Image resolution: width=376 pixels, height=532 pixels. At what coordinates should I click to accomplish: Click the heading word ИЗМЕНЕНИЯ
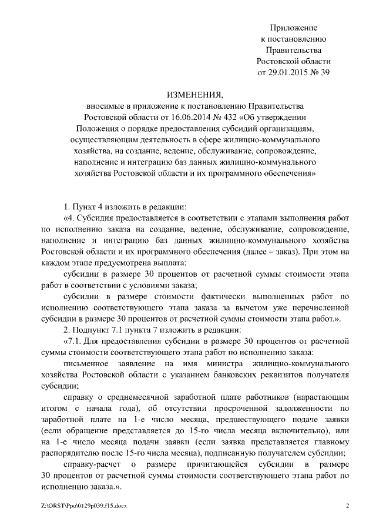(x=194, y=94)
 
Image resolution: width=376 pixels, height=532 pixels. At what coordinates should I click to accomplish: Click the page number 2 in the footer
(x=347, y=506)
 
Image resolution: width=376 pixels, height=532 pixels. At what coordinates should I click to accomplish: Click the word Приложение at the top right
(x=294, y=28)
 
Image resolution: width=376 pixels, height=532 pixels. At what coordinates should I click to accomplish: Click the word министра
(x=220, y=364)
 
